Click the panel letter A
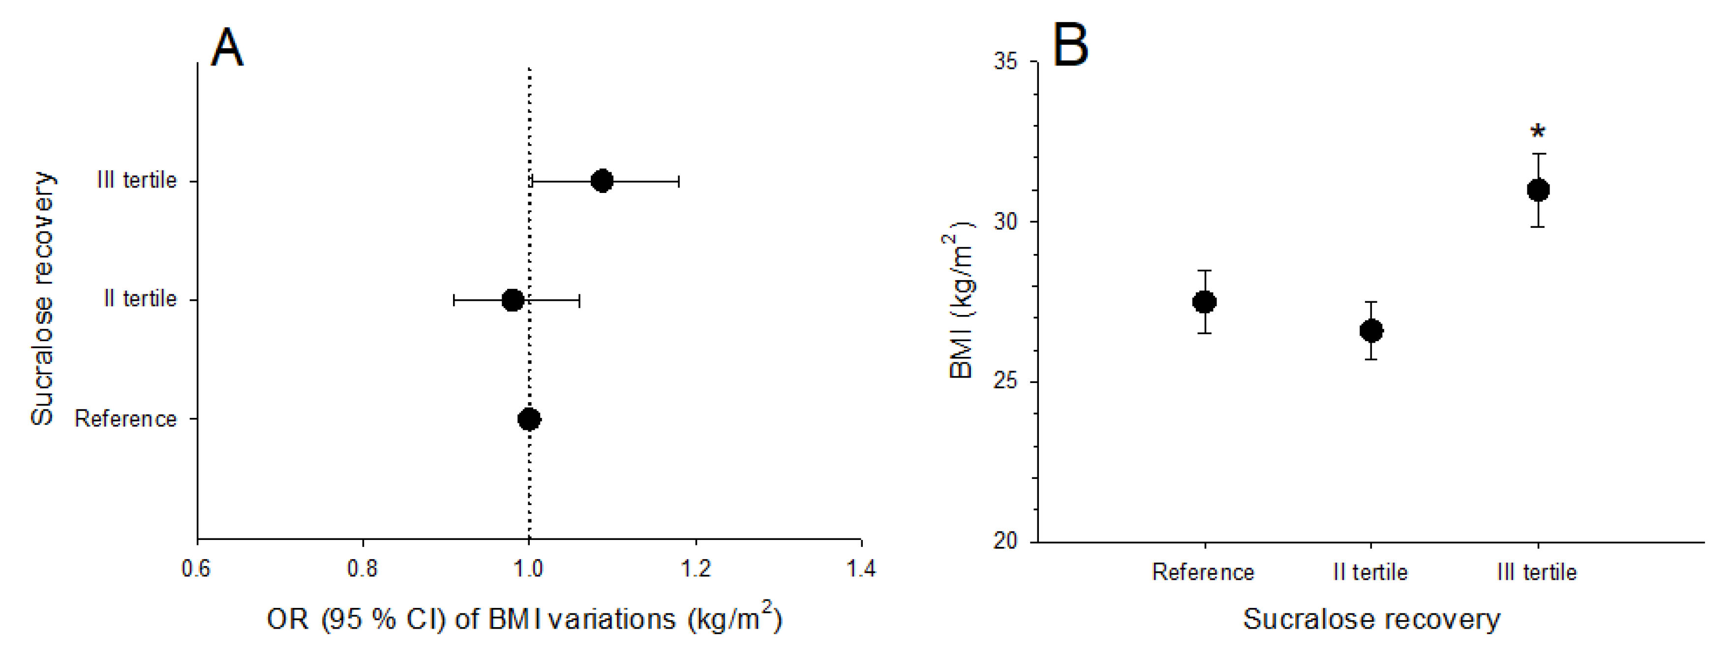tap(226, 48)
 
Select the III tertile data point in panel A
tap(602, 181)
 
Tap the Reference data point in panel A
tap(530, 419)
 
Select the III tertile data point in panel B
tap(1538, 190)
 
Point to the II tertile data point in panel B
tap(1371, 330)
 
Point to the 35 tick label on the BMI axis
tap(1005, 61)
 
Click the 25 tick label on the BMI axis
tap(1005, 381)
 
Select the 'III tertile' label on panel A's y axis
tap(137, 180)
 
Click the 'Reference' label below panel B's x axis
tap(1204, 572)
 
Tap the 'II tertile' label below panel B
tap(1370, 572)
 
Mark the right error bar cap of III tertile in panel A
tap(679, 181)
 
